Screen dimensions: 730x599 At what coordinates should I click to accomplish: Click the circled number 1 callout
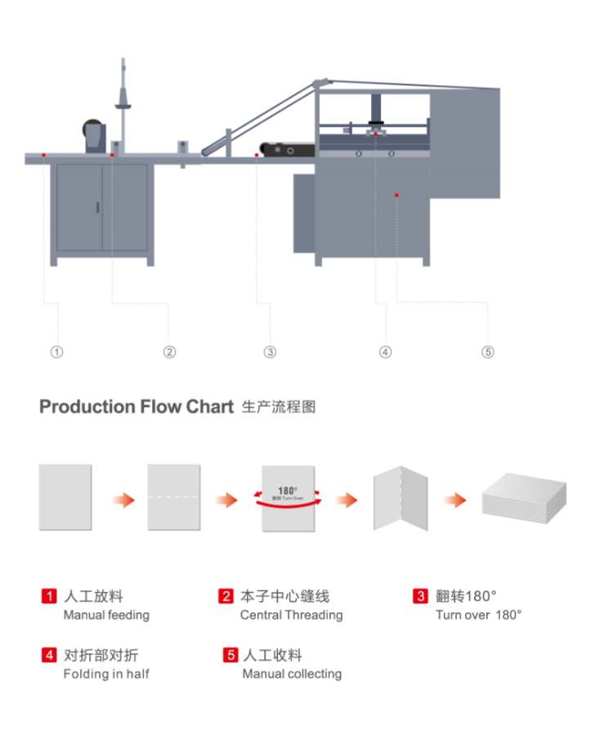point(56,352)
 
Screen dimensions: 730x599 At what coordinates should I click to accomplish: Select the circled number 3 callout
point(270,352)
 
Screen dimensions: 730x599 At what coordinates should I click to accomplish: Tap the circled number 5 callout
point(488,352)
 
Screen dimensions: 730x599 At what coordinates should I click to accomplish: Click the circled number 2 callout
point(169,352)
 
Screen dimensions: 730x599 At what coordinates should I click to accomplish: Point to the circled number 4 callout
point(386,352)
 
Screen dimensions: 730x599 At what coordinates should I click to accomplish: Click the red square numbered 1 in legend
point(49,596)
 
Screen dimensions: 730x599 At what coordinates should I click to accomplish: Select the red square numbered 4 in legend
point(49,655)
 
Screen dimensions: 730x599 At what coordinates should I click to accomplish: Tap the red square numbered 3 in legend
point(420,596)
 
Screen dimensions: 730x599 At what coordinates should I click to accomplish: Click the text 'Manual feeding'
point(106,615)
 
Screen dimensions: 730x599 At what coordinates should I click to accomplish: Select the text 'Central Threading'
point(291,615)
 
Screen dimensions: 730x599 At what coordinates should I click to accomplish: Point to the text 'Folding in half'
point(106,674)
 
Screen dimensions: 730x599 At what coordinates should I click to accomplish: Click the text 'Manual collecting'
point(292,674)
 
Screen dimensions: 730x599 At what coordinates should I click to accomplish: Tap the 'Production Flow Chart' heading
point(136,406)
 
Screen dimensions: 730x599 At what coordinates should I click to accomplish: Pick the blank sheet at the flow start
point(65,497)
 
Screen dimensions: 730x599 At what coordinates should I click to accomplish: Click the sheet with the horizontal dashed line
point(173,497)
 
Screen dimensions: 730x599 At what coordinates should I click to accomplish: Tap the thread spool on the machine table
point(93,136)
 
